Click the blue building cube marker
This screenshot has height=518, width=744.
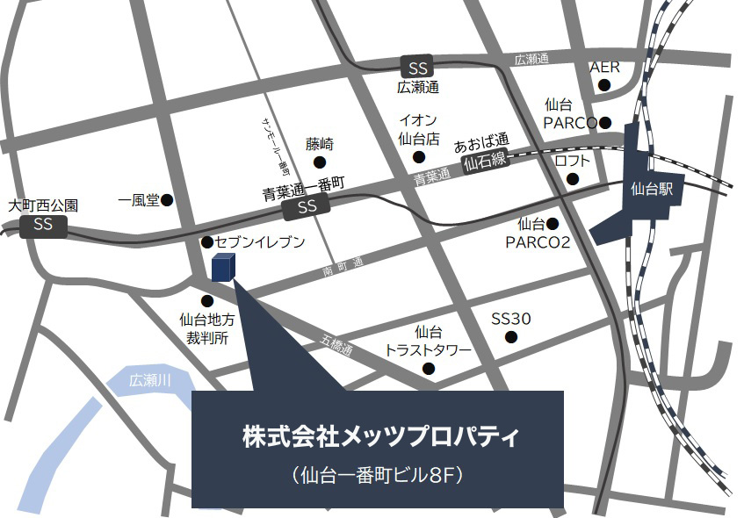[223, 267]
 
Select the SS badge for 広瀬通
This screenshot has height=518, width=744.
[416, 67]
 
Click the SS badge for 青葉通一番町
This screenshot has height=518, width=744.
[306, 207]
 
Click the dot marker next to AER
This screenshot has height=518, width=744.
[604, 85]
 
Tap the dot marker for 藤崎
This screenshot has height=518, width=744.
[319, 162]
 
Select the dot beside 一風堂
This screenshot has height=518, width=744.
[167, 200]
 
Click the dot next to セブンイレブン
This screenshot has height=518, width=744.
[206, 241]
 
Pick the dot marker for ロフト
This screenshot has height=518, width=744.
[573, 180]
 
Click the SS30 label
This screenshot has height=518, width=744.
[510, 318]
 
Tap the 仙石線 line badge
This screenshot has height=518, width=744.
[485, 162]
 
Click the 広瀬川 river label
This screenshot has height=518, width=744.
[147, 381]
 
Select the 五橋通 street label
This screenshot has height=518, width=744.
[336, 345]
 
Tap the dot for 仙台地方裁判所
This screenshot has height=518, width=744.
[206, 300]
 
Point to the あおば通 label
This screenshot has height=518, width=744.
[481, 140]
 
